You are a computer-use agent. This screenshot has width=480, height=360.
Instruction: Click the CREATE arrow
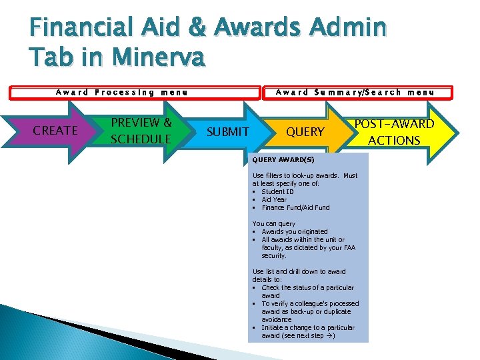pyautogui.click(x=55, y=131)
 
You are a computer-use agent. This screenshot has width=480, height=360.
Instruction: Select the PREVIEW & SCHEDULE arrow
pyautogui.click(x=141, y=131)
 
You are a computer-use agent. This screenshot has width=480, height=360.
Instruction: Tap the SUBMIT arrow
pyautogui.click(x=227, y=132)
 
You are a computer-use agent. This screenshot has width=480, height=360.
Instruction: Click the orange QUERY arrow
pyautogui.click(x=305, y=132)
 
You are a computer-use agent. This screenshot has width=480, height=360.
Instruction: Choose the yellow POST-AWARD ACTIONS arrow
pyautogui.click(x=394, y=132)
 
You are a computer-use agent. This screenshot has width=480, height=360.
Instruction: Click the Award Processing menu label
pyautogui.click(x=121, y=93)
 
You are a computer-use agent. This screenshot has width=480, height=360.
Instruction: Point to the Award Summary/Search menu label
pyautogui.click(x=355, y=93)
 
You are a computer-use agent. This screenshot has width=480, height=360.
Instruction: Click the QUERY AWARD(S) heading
pyautogui.click(x=283, y=160)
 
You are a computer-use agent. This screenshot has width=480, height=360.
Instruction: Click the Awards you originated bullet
pyautogui.click(x=295, y=232)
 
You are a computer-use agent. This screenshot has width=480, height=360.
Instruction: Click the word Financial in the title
pyautogui.click(x=79, y=28)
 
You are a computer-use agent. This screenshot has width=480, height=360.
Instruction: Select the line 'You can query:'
pyautogui.click(x=274, y=224)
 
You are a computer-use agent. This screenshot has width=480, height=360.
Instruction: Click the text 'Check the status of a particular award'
pyautogui.click(x=307, y=291)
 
